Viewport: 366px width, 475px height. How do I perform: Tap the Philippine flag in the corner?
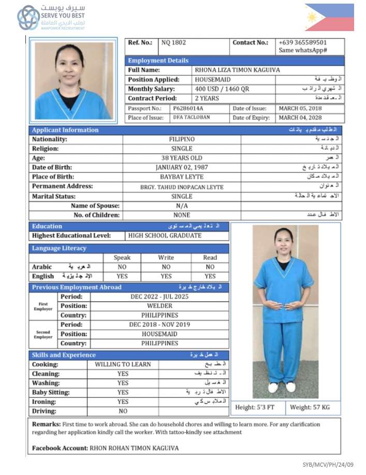pyautogui.click(x=329, y=18)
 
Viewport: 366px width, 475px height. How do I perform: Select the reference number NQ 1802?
pyautogui.click(x=174, y=43)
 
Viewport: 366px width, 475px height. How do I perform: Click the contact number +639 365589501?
pyautogui.click(x=302, y=42)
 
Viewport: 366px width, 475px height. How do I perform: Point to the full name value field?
pyautogui.click(x=237, y=70)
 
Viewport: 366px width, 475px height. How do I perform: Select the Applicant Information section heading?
pyautogui.click(x=65, y=130)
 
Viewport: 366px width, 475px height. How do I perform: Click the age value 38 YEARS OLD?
pyautogui.click(x=182, y=158)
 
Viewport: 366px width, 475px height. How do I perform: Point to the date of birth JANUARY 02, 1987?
pyautogui.click(x=182, y=168)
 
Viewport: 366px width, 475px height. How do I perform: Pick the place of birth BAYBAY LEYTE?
pyautogui.click(x=182, y=177)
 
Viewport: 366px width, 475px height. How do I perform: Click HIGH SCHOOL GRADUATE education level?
pyautogui.click(x=165, y=236)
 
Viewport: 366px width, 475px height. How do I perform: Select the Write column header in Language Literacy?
pyautogui.click(x=166, y=258)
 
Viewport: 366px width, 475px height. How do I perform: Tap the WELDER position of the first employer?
pyautogui.click(x=159, y=306)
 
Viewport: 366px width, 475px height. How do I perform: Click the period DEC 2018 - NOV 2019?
pyautogui.click(x=159, y=324)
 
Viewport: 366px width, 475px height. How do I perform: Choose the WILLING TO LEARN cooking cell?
pyautogui.click(x=123, y=364)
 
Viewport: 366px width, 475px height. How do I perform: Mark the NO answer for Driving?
pyautogui.click(x=123, y=411)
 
